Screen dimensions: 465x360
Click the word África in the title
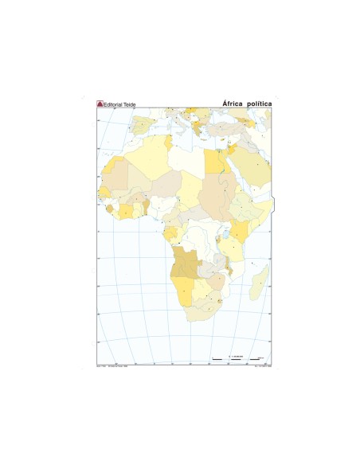coord(233,104)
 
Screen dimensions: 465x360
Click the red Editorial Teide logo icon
coord(100,104)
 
